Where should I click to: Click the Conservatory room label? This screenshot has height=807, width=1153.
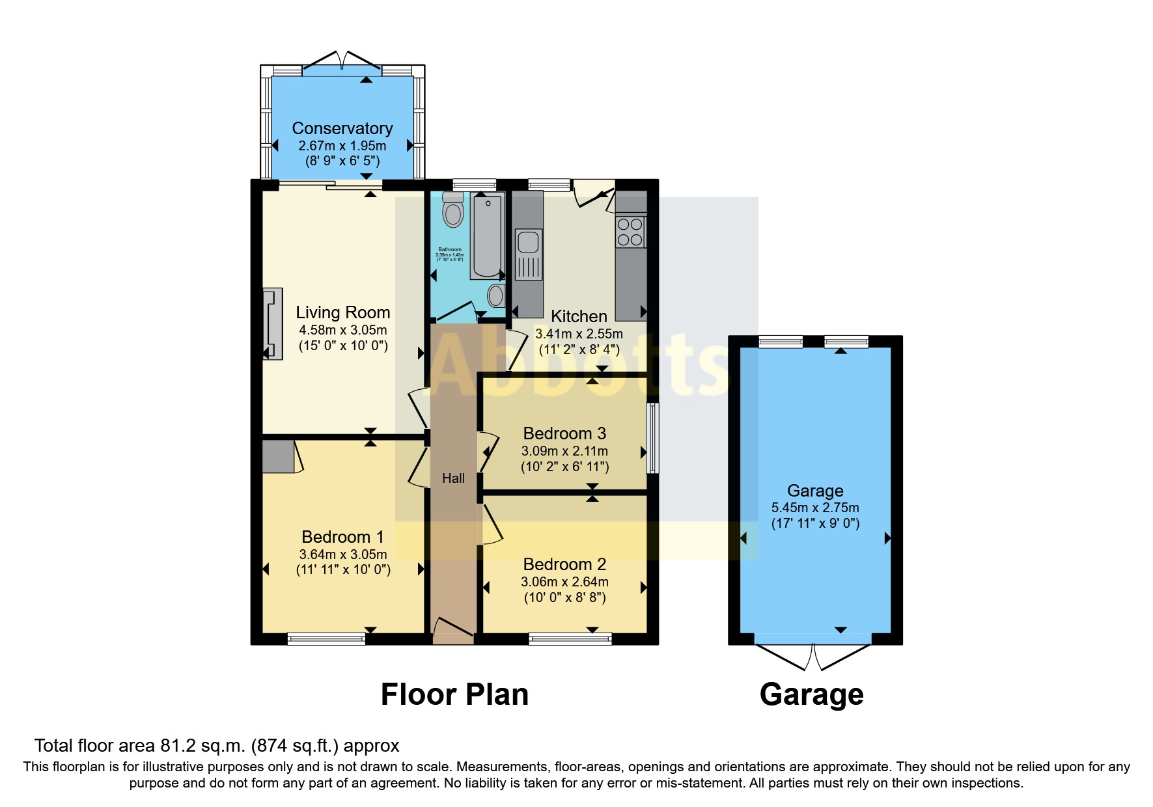(342, 128)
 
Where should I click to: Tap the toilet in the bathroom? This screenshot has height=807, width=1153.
(452, 210)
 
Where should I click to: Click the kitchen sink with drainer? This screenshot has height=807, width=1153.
(528, 253)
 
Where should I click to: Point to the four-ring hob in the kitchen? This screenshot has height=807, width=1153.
(630, 232)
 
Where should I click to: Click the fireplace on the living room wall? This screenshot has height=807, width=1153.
(272, 324)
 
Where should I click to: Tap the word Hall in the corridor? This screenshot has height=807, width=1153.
(453, 478)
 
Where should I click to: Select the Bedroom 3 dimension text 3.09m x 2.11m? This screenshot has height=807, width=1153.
(564, 451)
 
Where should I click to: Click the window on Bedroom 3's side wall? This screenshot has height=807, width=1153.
(652, 438)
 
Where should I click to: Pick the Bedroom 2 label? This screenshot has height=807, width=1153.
(564, 564)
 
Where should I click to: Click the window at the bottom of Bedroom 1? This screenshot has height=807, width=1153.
(326, 639)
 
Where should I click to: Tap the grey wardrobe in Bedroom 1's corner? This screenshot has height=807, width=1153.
(278, 456)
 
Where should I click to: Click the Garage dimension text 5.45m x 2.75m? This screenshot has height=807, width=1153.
(815, 508)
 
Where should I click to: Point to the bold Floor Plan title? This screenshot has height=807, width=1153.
(454, 694)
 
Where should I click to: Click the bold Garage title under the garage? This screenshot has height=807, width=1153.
(811, 694)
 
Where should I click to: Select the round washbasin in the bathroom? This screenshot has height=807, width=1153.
(496, 295)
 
